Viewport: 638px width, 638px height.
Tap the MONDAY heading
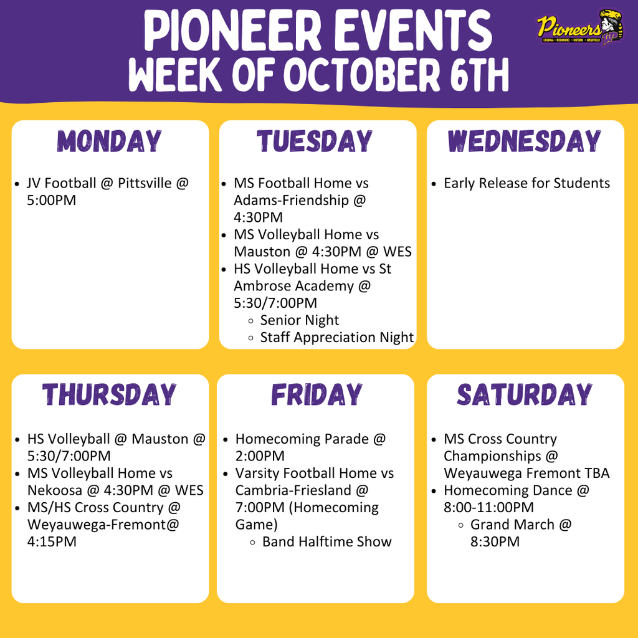(110, 141)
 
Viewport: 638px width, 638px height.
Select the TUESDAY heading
(315, 141)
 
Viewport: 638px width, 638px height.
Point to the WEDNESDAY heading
(525, 141)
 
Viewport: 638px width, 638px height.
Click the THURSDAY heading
(109, 395)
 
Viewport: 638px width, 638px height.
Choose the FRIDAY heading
(316, 395)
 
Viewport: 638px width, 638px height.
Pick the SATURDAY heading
(525, 395)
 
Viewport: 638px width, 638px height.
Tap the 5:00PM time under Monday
(52, 201)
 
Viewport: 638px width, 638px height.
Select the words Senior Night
(300, 320)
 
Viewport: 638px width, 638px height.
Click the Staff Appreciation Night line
(337, 338)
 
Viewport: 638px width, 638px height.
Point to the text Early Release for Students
(526, 184)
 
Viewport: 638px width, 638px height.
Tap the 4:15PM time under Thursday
(52, 541)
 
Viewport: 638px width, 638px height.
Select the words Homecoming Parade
(302, 439)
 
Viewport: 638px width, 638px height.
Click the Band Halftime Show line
(327, 541)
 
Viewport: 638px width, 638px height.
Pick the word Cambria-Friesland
(293, 490)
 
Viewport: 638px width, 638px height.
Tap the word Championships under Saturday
(493, 456)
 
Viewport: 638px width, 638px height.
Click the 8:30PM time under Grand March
(495, 541)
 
